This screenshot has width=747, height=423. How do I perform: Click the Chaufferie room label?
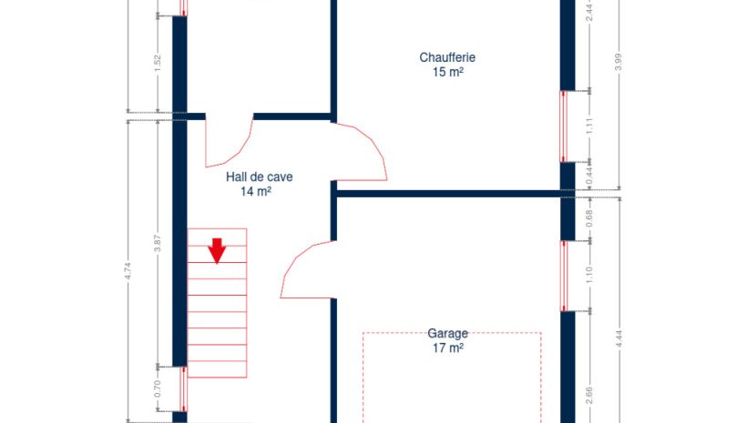coord(447,57)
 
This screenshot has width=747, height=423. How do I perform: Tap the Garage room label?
coord(447,333)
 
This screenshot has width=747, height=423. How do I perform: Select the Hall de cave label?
coord(259,177)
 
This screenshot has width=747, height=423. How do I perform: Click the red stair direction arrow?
coord(217,251)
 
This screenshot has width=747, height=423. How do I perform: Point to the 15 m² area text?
coord(448,72)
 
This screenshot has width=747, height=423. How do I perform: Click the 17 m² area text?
coord(448,347)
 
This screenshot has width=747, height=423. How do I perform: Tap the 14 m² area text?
coord(256,191)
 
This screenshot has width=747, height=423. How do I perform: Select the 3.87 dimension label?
coord(158,243)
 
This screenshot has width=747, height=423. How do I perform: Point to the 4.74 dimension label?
coord(128,271)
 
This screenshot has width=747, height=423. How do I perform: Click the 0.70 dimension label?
coord(158,388)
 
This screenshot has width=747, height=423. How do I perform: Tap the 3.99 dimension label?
coord(619,62)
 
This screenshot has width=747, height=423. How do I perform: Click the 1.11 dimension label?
coord(589,126)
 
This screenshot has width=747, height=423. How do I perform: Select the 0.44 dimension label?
coord(589,176)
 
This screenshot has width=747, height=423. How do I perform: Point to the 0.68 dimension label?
coord(589,218)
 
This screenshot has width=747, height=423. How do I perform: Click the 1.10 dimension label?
coord(589,276)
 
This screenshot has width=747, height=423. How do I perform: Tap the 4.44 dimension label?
coord(619,338)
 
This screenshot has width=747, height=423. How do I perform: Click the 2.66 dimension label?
coord(589,396)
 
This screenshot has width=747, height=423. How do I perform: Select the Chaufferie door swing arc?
coord(376,143)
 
